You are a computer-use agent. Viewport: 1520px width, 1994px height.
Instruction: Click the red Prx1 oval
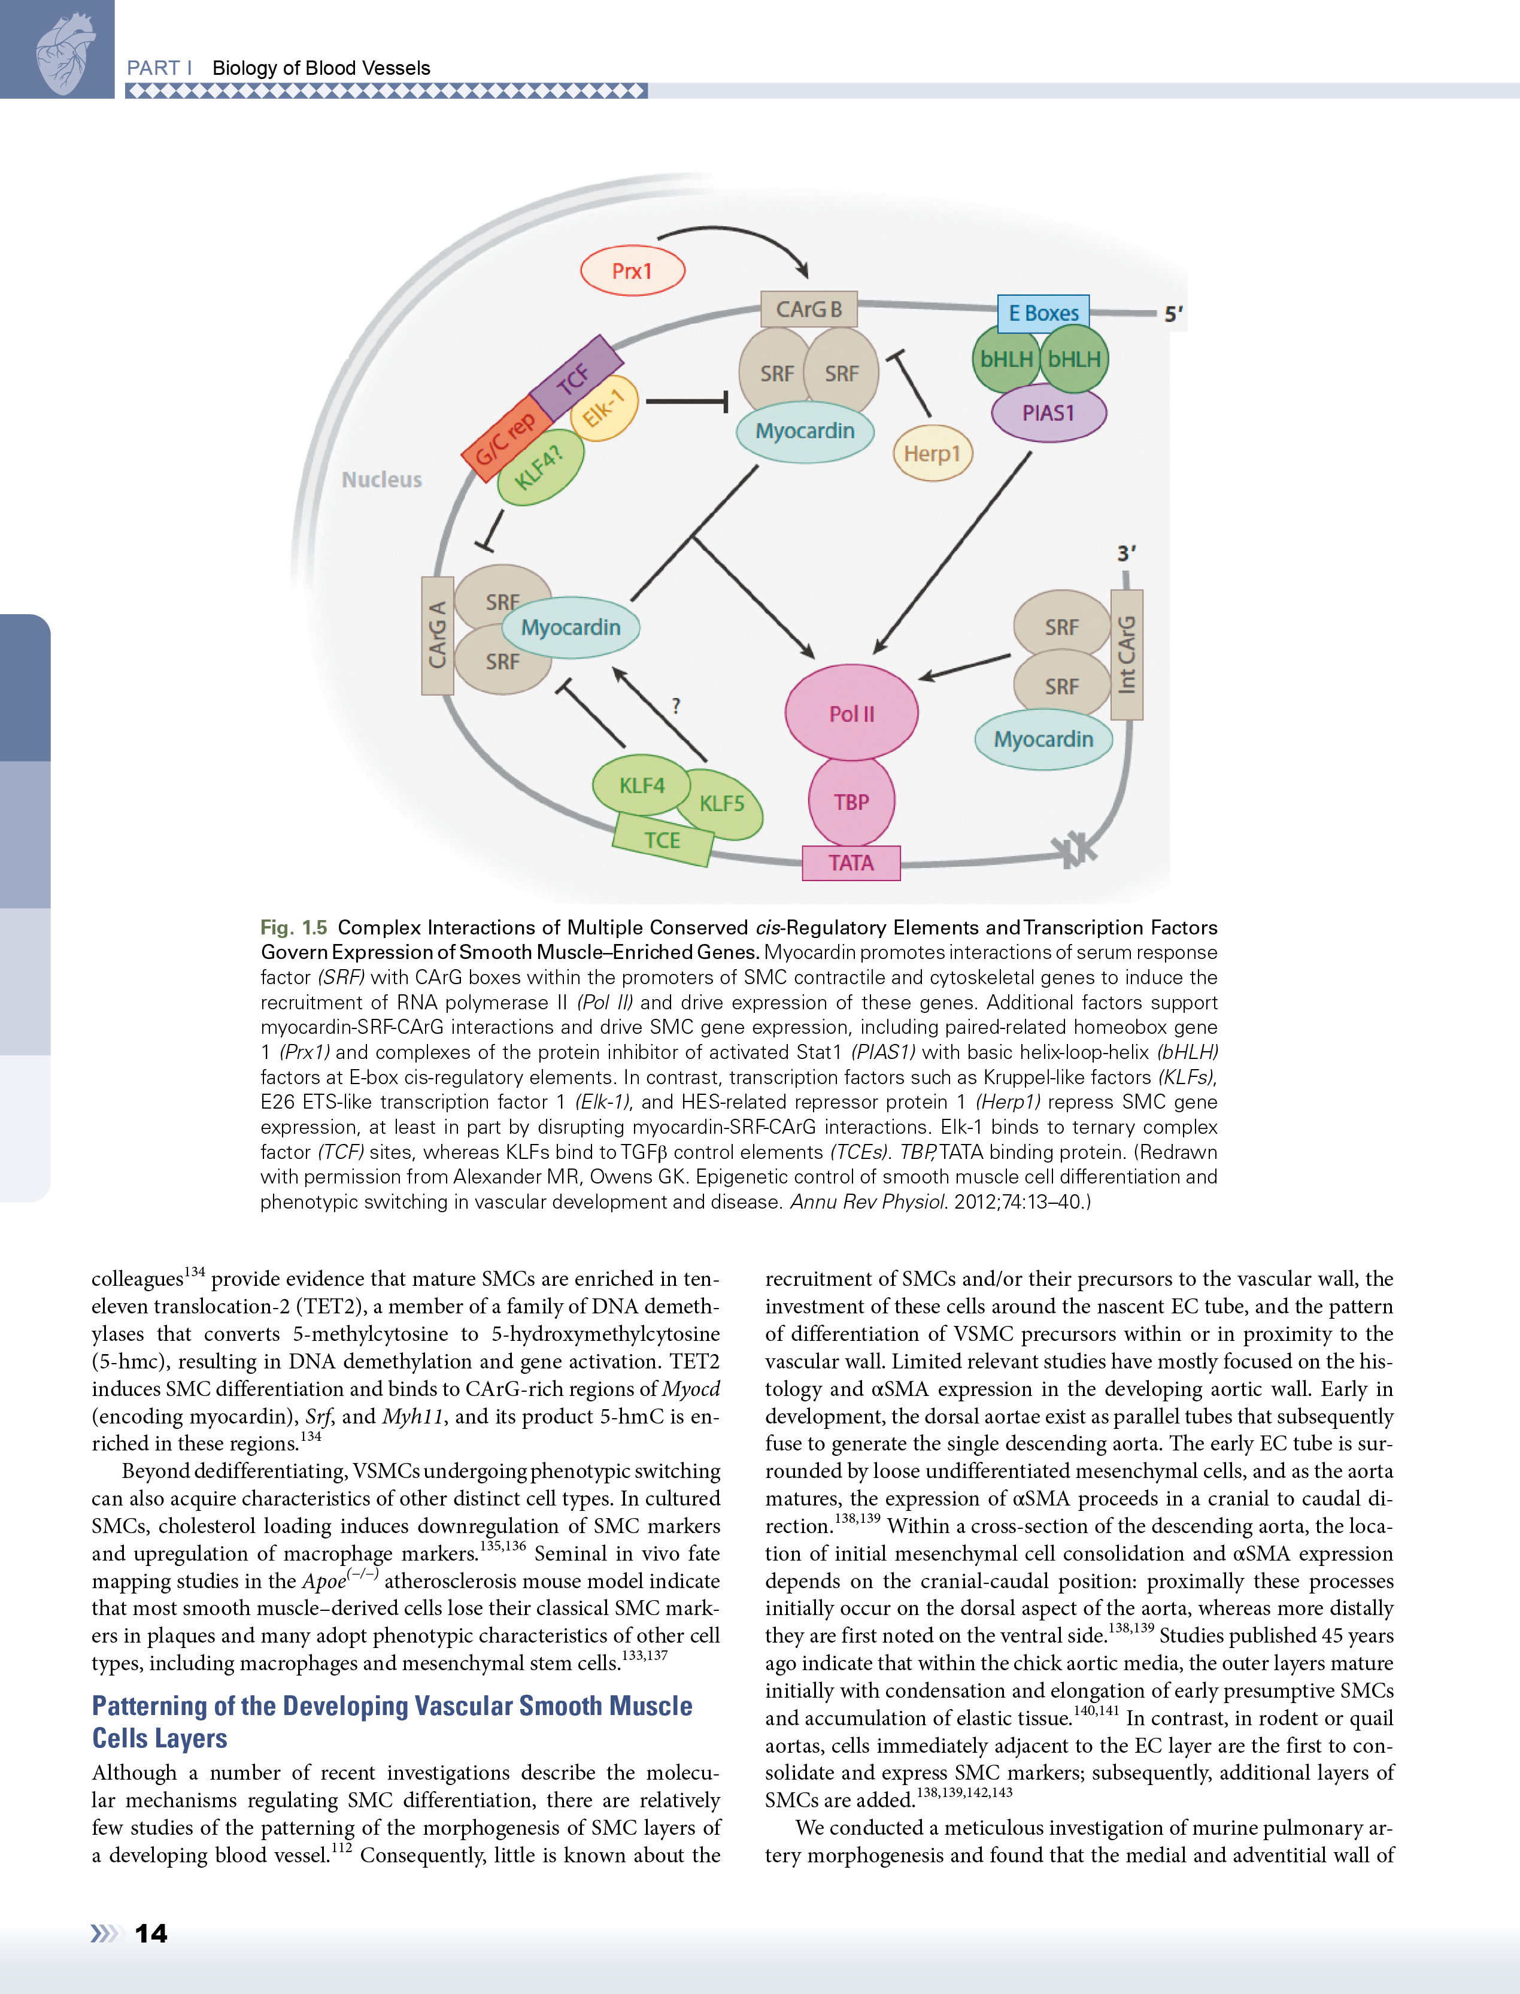(632, 271)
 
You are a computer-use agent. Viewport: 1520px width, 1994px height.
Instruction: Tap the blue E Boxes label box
(1043, 313)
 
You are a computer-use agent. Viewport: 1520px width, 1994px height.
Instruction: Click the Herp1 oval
(932, 453)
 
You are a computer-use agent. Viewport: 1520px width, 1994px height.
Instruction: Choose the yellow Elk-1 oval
(605, 408)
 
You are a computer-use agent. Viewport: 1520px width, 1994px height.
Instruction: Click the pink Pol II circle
(851, 713)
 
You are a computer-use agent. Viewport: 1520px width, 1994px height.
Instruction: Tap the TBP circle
(851, 802)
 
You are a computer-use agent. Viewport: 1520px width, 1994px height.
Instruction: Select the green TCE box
(662, 840)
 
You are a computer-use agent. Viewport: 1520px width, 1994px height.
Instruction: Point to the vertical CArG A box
(438, 635)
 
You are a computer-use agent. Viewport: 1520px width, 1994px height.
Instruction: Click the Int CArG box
(1127, 654)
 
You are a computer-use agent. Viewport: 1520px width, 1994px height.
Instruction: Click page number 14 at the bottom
(151, 1934)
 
